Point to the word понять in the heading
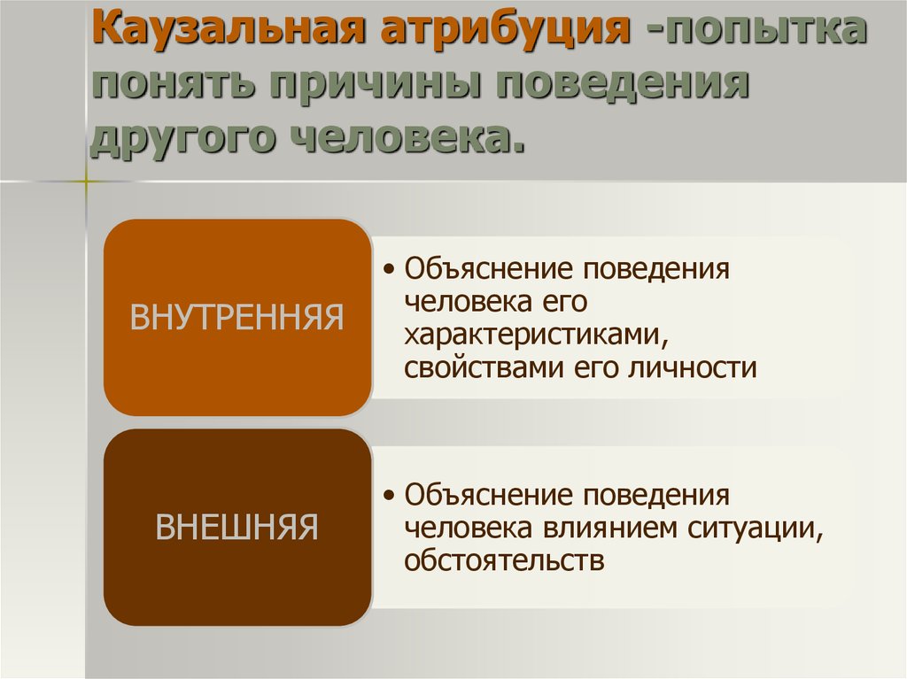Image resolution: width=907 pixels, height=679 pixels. point(173,84)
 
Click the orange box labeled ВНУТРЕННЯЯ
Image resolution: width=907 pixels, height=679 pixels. point(237,317)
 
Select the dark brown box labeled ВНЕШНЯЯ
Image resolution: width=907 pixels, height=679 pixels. point(237,527)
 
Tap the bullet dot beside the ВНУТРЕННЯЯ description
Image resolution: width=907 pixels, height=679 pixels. point(390,269)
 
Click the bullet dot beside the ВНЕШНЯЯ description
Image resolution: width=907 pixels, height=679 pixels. point(390,495)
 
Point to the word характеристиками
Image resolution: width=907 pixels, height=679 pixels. point(536,335)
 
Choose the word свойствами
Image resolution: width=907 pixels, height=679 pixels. point(484,368)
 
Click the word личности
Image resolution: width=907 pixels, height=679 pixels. point(693,368)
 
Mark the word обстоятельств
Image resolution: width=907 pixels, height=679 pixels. point(504,560)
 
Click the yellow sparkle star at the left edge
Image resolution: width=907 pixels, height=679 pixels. point(85,181)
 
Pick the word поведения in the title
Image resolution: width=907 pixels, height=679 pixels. point(623,85)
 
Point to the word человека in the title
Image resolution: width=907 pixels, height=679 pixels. point(407,139)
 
